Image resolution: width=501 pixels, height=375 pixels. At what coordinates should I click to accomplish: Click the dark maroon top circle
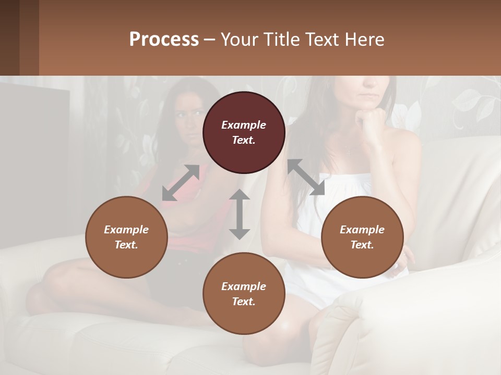[244, 132]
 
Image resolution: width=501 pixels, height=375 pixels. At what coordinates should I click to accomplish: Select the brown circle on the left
[126, 237]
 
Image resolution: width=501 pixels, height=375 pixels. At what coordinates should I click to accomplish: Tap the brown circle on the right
[362, 237]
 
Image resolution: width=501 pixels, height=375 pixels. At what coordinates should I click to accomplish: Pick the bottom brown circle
[244, 294]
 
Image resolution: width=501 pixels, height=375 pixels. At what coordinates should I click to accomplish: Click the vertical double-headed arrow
[240, 214]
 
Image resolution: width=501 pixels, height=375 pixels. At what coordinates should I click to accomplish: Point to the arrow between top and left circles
[181, 182]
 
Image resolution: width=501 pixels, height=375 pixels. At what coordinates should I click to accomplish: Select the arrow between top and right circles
[306, 177]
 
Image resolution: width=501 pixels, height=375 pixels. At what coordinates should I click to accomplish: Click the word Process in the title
[164, 40]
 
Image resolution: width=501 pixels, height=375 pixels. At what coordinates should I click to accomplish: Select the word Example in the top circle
[244, 125]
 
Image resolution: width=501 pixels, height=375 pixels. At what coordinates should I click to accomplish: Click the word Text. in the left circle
[126, 245]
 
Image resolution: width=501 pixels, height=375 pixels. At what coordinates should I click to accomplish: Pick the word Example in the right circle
[362, 230]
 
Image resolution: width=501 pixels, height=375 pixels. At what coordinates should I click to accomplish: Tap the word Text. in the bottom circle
[244, 302]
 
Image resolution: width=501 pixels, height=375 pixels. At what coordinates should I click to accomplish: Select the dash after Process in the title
[210, 40]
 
